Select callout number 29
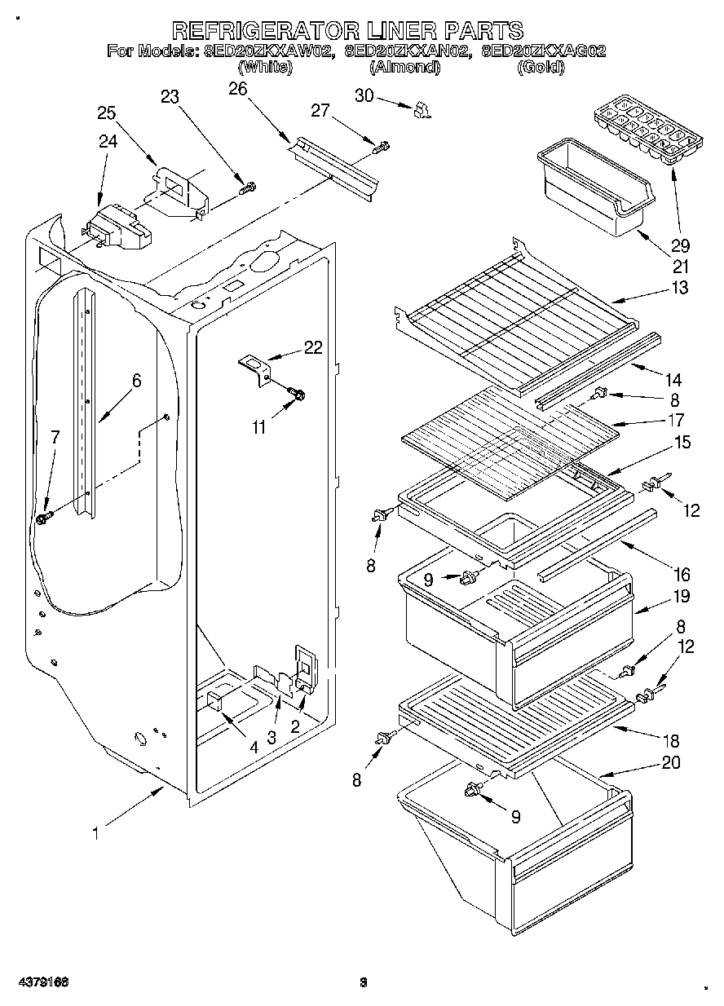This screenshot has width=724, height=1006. click(679, 245)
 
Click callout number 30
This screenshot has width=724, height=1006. click(364, 96)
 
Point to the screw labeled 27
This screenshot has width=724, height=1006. click(381, 148)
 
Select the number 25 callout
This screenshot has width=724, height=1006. click(107, 113)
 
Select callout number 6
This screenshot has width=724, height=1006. click(136, 380)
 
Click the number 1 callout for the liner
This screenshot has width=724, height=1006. click(96, 833)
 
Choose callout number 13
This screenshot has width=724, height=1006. click(680, 288)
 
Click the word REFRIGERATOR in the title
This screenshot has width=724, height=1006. click(266, 31)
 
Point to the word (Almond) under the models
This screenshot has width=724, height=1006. click(405, 68)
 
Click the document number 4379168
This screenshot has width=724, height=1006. click(45, 982)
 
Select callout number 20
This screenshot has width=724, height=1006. click(671, 763)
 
